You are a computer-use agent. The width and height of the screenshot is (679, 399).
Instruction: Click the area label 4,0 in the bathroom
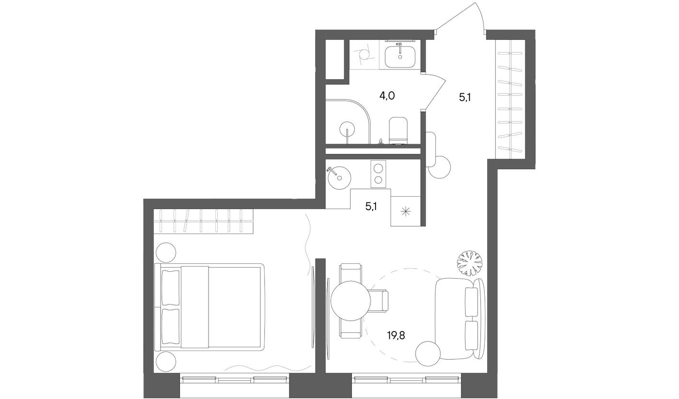[x=387, y=96]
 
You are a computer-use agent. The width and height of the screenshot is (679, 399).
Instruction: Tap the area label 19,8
[x=396, y=335]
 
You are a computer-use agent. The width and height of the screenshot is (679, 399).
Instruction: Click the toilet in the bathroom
[x=398, y=130]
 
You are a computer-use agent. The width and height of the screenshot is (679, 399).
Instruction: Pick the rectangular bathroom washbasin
[x=400, y=55]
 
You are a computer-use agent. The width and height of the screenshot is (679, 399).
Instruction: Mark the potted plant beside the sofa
[x=470, y=262]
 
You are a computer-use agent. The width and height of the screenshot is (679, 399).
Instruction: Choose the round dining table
[x=351, y=301]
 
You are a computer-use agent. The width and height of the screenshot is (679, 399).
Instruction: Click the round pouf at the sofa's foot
[x=428, y=353]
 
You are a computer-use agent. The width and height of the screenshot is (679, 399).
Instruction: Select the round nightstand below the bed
[x=166, y=360]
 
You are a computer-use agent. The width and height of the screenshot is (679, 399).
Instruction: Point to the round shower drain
[x=347, y=129]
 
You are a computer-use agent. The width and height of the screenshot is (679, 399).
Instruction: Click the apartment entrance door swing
[x=460, y=19]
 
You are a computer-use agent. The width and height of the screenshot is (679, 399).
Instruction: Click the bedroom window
[x=234, y=380]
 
